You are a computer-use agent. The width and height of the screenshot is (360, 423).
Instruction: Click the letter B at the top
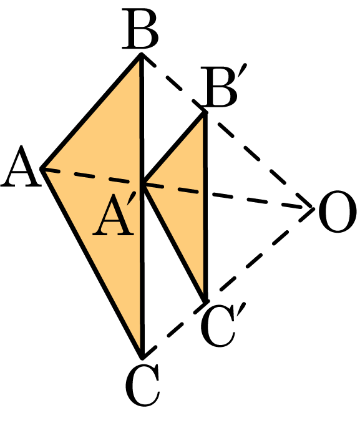[140, 29]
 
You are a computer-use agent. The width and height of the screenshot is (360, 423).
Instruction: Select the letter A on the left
[21, 166]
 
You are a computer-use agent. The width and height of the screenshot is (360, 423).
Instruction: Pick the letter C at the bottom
[142, 386]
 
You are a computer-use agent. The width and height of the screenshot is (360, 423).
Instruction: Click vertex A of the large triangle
[42, 169]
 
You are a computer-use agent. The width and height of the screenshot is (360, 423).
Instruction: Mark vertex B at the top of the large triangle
[141, 55]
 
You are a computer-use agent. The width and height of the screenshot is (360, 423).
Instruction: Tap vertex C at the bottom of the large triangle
[142, 357]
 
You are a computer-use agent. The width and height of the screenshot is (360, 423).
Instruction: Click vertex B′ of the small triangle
[205, 113]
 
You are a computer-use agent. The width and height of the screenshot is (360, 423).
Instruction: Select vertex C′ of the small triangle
[206, 300]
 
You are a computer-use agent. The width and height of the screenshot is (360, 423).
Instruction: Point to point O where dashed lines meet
[313, 209]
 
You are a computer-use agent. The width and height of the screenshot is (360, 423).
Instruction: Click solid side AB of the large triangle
[91, 112]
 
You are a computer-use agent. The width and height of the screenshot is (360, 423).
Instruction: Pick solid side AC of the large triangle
[92, 263]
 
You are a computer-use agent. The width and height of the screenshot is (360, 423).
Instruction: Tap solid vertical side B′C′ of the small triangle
[206, 207]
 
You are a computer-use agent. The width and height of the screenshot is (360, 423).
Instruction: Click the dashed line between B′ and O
[259, 161]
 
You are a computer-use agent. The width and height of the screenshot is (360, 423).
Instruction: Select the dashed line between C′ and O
[260, 255]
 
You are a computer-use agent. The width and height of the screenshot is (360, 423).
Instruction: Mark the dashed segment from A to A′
[92, 177]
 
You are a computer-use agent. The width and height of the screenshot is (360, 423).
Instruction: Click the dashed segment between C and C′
[174, 329]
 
